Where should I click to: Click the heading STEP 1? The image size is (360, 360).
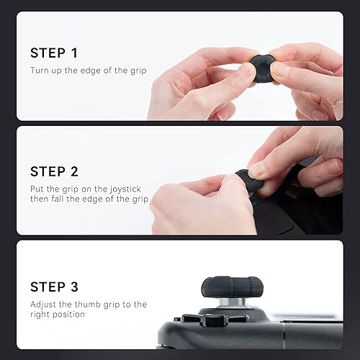pyautogui.click(x=53, y=53)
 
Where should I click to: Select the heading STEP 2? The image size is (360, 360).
pyautogui.click(x=55, y=171)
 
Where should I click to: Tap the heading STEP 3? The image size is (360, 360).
pyautogui.click(x=55, y=287)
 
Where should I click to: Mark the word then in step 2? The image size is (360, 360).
pyautogui.click(x=41, y=199)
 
